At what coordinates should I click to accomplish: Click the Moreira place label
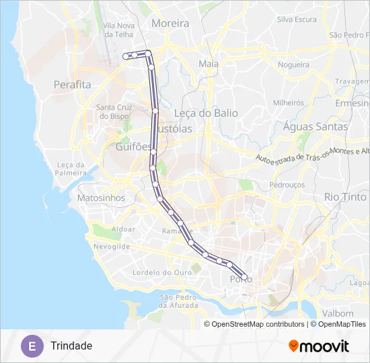click(172, 23)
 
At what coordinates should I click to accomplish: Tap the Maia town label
click(209, 64)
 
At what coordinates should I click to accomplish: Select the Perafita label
click(72, 85)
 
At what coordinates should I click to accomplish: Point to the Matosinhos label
click(102, 198)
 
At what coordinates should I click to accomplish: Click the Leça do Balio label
click(206, 113)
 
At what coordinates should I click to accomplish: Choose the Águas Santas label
click(316, 126)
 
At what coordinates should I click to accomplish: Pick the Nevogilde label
click(112, 247)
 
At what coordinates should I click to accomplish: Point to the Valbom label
click(338, 313)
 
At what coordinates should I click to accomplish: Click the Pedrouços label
click(287, 184)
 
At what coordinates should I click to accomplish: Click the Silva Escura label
click(297, 19)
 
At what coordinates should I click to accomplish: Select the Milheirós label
click(289, 103)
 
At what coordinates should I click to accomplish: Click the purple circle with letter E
click(31, 346)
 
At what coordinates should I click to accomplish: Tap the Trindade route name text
click(71, 346)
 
